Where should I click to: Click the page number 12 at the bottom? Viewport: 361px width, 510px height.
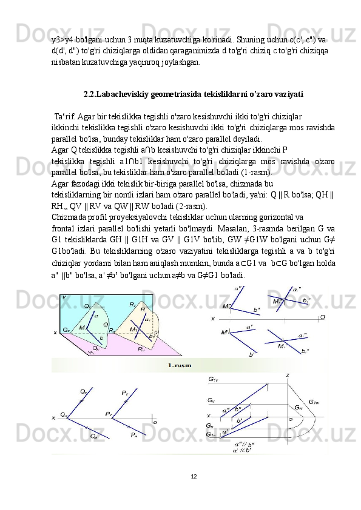click(x=194, y=477)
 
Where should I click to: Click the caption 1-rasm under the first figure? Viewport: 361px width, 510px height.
click(x=180, y=365)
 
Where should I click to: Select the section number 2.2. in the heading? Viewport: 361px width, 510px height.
click(x=90, y=94)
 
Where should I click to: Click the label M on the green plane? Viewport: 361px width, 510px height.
click(x=81, y=327)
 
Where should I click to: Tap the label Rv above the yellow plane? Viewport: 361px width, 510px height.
click(x=133, y=305)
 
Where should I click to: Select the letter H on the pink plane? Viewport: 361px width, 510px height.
click(x=91, y=353)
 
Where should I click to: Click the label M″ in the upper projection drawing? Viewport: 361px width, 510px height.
click(x=227, y=306)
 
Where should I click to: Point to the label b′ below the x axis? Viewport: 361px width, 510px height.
click(x=252, y=354)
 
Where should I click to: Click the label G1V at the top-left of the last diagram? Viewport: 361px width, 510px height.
click(x=213, y=379)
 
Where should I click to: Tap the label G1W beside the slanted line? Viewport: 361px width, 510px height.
click(x=314, y=402)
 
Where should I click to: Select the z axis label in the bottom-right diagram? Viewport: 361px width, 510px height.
click(x=288, y=375)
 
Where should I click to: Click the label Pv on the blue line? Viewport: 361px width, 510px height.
click(x=125, y=393)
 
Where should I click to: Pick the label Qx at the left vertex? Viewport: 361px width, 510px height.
click(x=64, y=415)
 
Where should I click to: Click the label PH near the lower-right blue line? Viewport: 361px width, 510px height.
click(x=134, y=434)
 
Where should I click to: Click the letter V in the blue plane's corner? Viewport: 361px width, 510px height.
click(x=64, y=297)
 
